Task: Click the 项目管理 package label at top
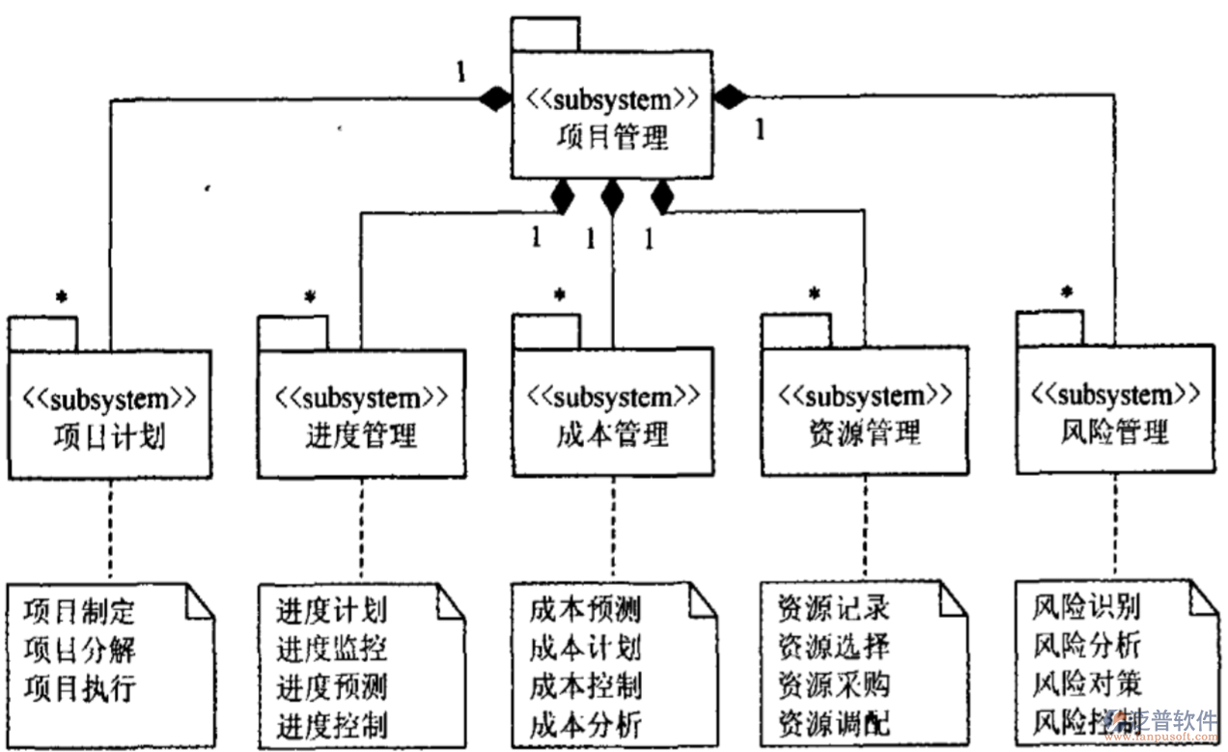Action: pos(612,137)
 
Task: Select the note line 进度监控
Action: pos(332,650)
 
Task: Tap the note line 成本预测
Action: pos(585,609)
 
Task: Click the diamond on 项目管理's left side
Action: pos(495,97)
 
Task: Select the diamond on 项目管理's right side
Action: pos(731,97)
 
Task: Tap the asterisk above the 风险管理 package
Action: pos(1067,291)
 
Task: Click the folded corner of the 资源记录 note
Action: pos(953,600)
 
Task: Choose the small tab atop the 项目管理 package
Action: pos(544,35)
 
